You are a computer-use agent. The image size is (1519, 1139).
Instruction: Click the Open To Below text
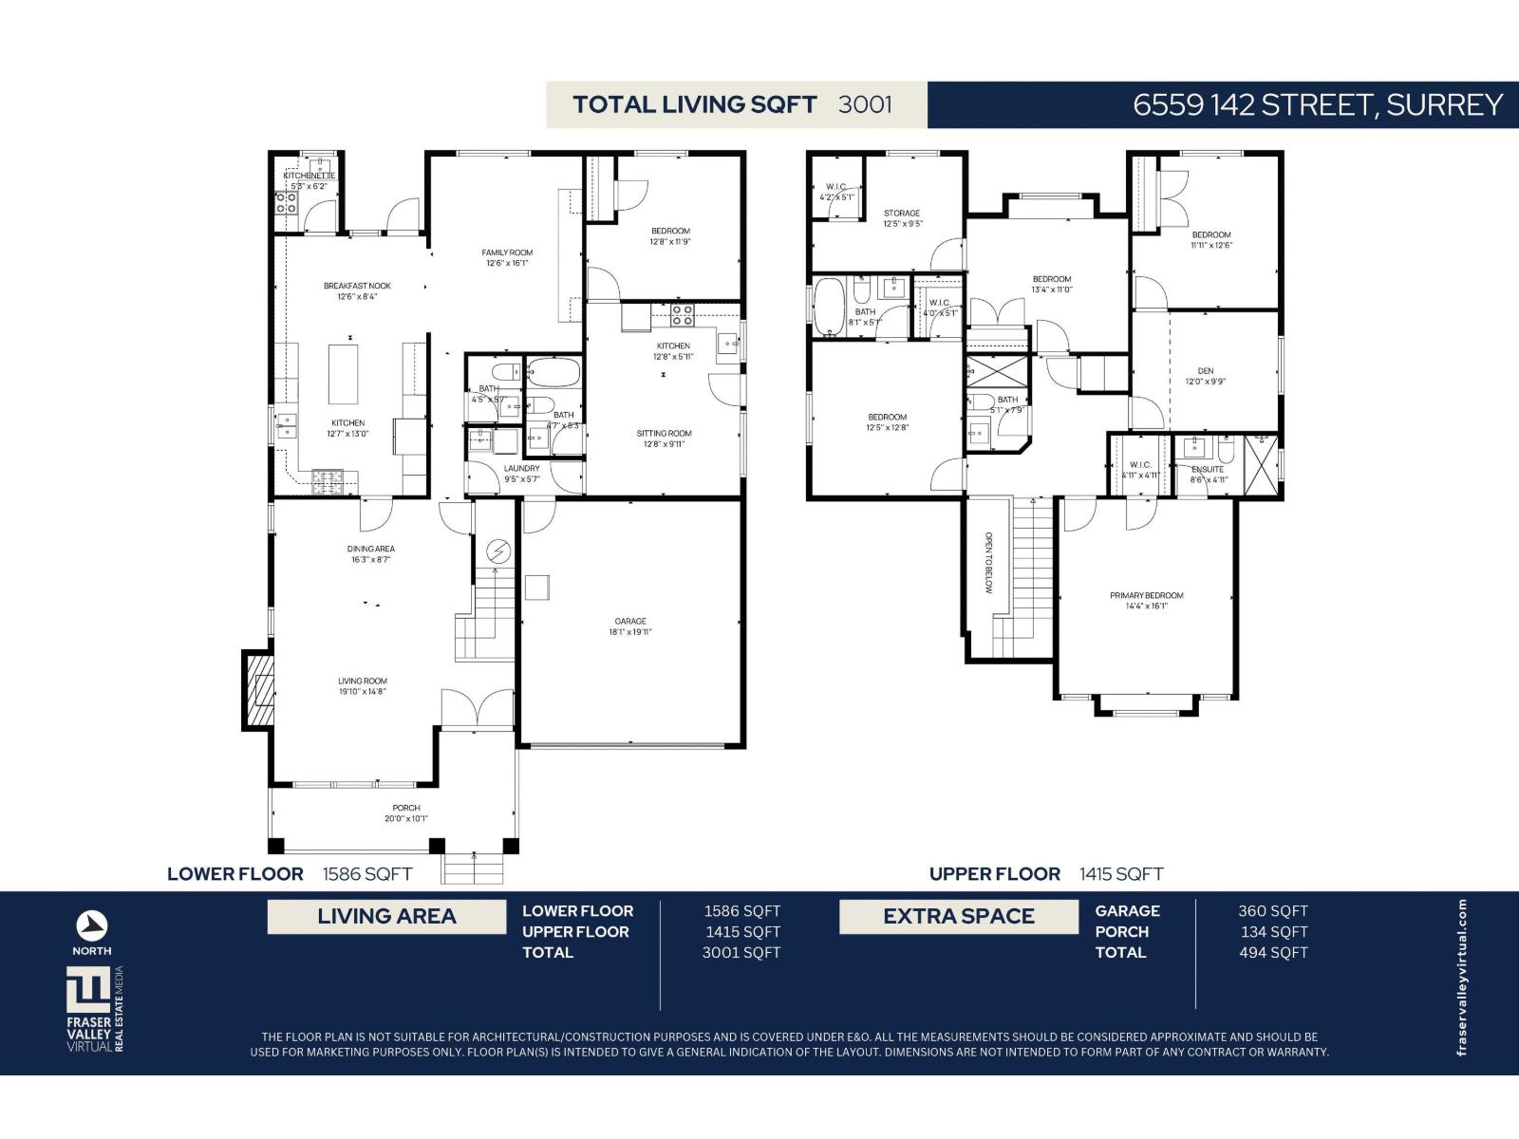tap(988, 562)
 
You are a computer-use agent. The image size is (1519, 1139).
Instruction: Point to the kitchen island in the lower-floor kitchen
tap(344, 374)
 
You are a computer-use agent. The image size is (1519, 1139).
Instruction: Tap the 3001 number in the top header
tap(865, 104)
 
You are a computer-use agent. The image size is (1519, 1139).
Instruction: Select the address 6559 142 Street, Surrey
tap(1318, 104)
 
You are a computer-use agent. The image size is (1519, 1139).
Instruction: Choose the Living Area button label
tap(386, 917)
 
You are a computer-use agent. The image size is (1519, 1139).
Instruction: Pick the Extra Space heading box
tap(959, 917)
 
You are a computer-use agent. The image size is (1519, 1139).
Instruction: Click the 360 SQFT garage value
tap(1272, 911)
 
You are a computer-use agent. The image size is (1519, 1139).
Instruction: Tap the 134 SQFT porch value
tap(1273, 932)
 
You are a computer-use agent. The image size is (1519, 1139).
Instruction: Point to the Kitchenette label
tap(309, 176)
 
